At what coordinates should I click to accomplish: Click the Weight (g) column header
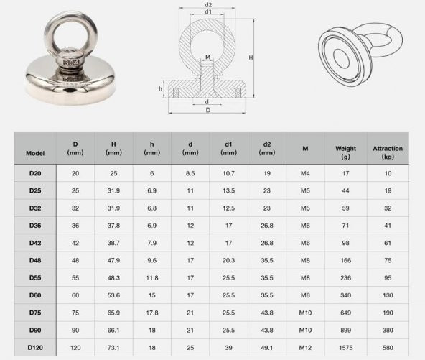tap(345, 152)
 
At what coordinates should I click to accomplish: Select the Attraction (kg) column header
tap(388, 152)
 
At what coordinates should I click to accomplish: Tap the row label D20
tap(35, 173)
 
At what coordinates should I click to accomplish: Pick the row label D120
tap(35, 347)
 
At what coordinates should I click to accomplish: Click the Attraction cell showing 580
tap(388, 347)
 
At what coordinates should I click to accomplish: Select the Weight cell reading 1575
tap(345, 347)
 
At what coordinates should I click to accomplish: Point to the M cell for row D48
tap(305, 260)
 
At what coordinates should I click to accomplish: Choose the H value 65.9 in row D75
tap(113, 313)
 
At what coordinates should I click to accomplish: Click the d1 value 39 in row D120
tap(228, 347)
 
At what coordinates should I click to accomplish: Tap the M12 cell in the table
tap(305, 347)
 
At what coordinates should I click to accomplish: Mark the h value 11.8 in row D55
tap(152, 277)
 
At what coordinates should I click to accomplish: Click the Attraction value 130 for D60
tap(388, 295)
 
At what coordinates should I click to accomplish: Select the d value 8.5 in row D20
tap(190, 173)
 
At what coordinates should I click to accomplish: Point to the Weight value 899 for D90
tap(345, 330)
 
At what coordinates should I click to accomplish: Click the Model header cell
tap(35, 153)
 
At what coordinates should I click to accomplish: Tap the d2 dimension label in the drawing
tap(208, 5)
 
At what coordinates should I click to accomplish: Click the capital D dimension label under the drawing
tap(208, 111)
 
